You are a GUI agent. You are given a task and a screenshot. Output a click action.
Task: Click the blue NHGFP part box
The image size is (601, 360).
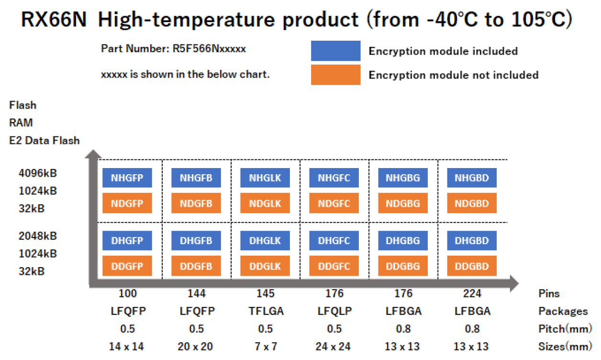[127, 178]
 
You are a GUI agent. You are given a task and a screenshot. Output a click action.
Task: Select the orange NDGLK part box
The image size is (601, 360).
[265, 203]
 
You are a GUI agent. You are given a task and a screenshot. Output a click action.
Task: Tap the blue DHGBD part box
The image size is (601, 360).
[471, 241]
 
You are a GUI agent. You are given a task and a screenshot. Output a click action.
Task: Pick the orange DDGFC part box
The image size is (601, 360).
[334, 266]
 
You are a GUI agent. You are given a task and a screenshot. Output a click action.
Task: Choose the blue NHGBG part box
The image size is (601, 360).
[402, 178]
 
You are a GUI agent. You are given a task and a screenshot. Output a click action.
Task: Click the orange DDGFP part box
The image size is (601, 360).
[127, 266]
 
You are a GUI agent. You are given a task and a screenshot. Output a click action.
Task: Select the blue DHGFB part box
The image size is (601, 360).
[196, 241]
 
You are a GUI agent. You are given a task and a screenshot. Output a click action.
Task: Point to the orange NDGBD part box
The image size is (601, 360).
[471, 203]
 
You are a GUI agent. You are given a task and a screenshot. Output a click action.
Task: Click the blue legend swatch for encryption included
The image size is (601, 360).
[335, 51]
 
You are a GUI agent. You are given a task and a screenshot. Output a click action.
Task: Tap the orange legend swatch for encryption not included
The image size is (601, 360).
[335, 75]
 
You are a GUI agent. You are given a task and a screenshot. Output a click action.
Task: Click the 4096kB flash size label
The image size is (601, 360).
[38, 173]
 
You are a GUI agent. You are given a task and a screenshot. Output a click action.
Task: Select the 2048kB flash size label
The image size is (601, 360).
[38, 236]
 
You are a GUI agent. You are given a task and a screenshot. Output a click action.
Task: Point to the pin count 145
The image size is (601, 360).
[265, 293]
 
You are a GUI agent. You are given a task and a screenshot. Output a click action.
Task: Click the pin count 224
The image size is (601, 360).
[472, 293]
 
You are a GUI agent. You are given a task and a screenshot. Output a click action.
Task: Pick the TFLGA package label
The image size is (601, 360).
[265, 311]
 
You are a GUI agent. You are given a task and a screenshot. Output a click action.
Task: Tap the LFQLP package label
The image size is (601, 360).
[334, 311]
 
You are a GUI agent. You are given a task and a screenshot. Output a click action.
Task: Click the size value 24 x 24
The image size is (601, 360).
[334, 347]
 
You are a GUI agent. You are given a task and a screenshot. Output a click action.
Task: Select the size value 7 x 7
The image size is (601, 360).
[265, 347]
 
